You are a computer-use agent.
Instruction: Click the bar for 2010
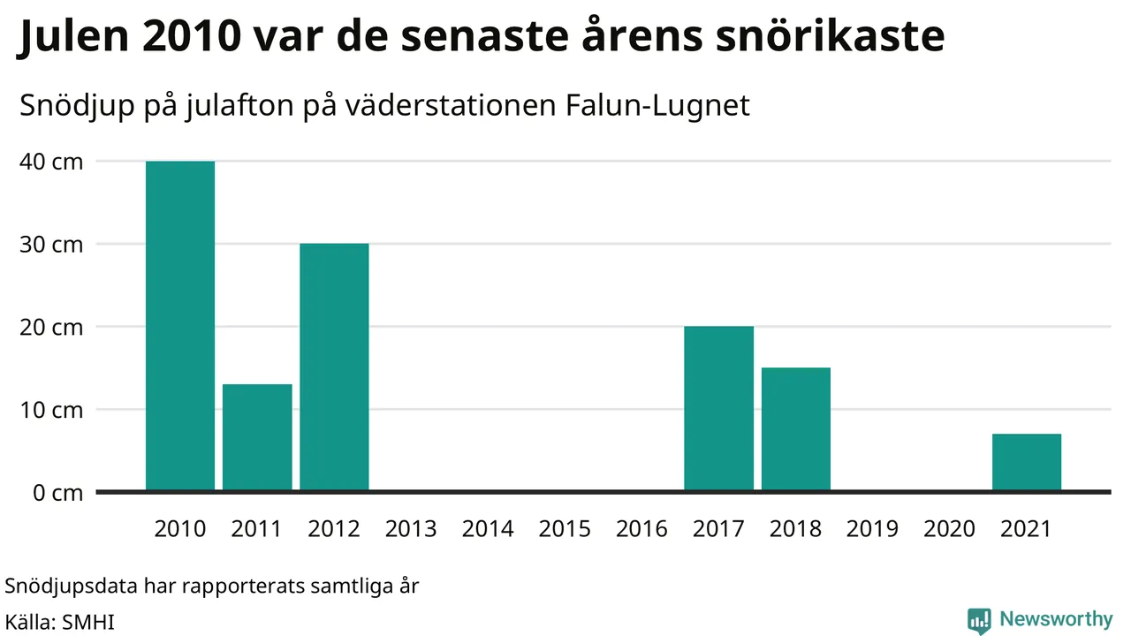point(180,326)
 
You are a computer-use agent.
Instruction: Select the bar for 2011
point(257,437)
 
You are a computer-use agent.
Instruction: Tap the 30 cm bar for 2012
point(334,367)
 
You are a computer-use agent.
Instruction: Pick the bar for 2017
point(719,408)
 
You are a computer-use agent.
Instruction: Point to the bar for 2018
point(796,429)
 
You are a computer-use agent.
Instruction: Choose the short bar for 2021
point(1027,462)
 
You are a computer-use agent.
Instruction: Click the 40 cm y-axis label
point(51,162)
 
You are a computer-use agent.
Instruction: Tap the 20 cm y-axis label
point(51,328)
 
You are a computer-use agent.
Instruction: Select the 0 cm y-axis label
point(57,493)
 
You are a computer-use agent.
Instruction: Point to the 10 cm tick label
point(51,410)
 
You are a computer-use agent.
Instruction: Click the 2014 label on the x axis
point(488,529)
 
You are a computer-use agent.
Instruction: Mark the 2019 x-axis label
point(872,529)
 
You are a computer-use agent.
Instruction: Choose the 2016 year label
point(641,529)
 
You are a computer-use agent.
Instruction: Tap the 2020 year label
point(949,529)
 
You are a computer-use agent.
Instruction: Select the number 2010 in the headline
point(192,36)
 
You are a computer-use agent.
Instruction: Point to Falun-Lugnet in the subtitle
point(657,105)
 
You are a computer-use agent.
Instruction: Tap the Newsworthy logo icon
point(979,621)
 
